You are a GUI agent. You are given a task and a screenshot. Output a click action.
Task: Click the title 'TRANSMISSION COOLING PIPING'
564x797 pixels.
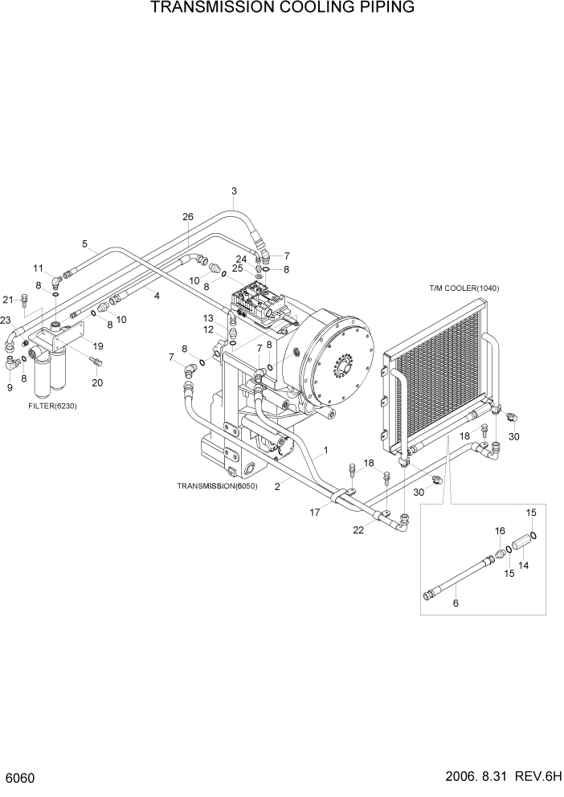click(282, 9)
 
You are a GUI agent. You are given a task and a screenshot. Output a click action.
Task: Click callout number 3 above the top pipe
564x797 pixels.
click(234, 191)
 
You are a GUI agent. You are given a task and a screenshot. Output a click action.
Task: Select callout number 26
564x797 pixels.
click(188, 217)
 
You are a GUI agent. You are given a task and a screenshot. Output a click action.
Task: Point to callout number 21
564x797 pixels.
click(8, 300)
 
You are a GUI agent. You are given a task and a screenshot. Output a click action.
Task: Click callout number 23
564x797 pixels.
click(6, 320)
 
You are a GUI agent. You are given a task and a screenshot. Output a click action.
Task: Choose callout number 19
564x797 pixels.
click(97, 345)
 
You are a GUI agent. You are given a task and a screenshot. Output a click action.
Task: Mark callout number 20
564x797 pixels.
click(97, 382)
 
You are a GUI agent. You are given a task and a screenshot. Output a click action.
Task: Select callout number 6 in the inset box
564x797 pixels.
click(456, 604)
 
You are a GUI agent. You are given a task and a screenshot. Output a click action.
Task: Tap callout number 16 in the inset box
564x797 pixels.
click(499, 531)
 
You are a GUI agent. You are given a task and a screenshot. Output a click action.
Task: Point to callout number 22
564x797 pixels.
click(358, 529)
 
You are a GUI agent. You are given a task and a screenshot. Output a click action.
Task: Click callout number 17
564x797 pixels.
click(314, 512)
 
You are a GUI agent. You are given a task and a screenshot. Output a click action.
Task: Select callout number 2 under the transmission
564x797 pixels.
click(277, 486)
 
